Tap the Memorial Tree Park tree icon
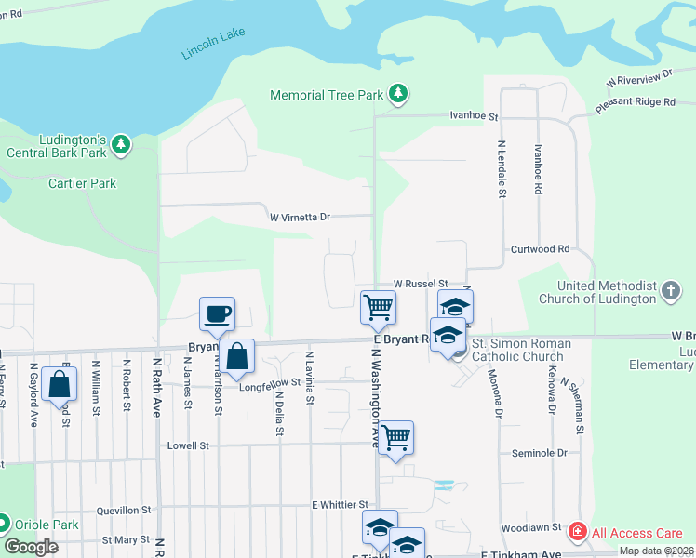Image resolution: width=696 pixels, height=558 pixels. click(398, 93)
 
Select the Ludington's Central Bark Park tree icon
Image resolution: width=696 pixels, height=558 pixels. click(120, 144)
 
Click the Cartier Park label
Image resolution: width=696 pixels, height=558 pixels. click(82, 183)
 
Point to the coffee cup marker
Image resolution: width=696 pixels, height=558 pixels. click(217, 314)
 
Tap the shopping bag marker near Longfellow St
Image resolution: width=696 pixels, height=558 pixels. click(237, 356)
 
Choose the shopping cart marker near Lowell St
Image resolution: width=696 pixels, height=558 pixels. click(396, 438)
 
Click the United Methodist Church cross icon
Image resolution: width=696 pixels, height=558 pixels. click(670, 291)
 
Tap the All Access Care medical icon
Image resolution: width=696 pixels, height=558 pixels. click(578, 532)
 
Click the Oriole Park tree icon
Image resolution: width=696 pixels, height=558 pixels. click(5, 525)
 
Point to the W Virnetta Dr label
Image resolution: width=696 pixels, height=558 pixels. click(301, 217)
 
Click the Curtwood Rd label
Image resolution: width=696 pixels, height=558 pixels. click(540, 249)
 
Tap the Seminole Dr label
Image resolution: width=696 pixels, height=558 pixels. click(540, 453)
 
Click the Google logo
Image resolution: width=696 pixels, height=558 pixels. click(31, 547)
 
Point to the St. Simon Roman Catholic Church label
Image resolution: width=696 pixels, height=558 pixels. click(517, 350)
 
